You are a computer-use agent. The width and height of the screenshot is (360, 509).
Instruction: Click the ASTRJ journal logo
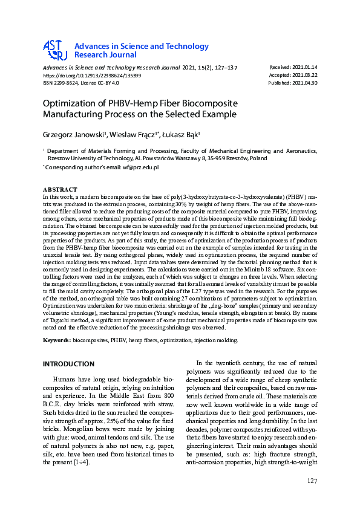(x=54, y=50)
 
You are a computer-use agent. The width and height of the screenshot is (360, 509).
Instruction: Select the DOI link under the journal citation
(x=91, y=76)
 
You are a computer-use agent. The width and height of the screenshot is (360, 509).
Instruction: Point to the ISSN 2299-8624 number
(x=60, y=83)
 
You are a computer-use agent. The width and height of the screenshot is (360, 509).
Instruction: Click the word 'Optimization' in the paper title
(x=76, y=103)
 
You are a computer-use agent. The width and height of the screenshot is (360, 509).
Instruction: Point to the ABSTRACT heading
(x=60, y=189)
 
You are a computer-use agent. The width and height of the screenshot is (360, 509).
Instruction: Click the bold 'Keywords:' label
(x=56, y=340)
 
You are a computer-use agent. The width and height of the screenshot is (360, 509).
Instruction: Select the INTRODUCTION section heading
(x=68, y=364)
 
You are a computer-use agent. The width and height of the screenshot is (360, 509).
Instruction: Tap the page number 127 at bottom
(x=312, y=481)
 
